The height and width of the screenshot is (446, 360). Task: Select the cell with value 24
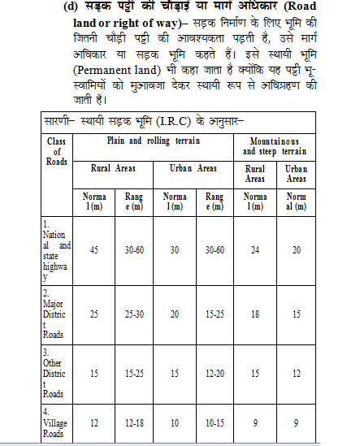tap(254, 250)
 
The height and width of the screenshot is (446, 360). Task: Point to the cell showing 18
tap(254, 313)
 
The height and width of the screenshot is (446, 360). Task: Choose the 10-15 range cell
tap(215, 422)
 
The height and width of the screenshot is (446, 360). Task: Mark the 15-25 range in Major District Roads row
tap(215, 313)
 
